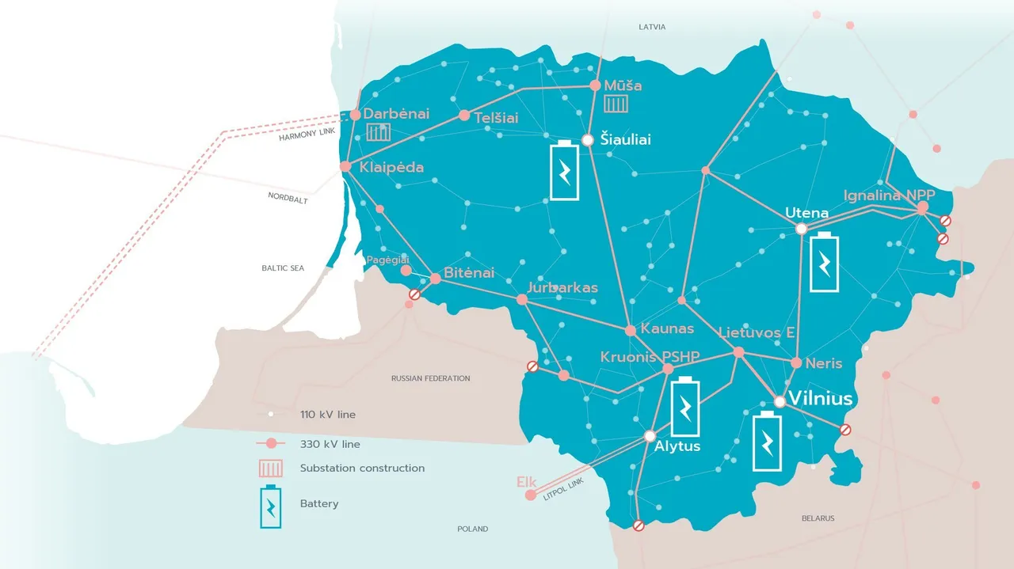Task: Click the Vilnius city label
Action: pyautogui.click(x=821, y=398)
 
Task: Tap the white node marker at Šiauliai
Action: pyautogui.click(x=588, y=140)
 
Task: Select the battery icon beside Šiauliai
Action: pyautogui.click(x=566, y=171)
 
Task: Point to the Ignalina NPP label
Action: pyautogui.click(x=889, y=195)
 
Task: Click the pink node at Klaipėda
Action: pyautogui.click(x=345, y=166)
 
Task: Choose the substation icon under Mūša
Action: pyautogui.click(x=616, y=104)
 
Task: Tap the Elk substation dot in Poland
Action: pyautogui.click(x=530, y=495)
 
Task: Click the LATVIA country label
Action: pyautogui.click(x=652, y=27)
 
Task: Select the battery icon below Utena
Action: pyautogui.click(x=825, y=263)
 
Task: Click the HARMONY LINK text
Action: pyautogui.click(x=308, y=136)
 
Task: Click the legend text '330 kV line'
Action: pyautogui.click(x=330, y=444)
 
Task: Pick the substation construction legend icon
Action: pyautogui.click(x=271, y=468)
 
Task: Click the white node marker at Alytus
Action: pyautogui.click(x=650, y=435)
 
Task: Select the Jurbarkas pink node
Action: pyautogui.click(x=522, y=300)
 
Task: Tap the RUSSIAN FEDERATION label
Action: pyautogui.click(x=430, y=378)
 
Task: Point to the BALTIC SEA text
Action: pyautogui.click(x=283, y=268)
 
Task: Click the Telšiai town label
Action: pyautogui.click(x=496, y=118)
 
